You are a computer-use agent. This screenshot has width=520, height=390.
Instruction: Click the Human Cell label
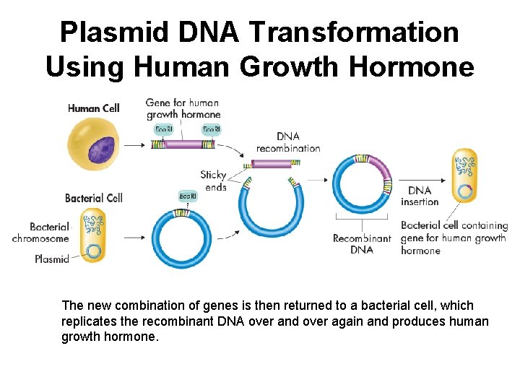pyautogui.click(x=93, y=108)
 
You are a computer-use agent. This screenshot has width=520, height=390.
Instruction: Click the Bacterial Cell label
pyautogui.click(x=94, y=198)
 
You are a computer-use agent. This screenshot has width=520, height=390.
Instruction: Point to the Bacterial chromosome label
pyautogui.click(x=40, y=233)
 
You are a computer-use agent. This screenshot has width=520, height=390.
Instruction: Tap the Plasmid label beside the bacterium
pyautogui.click(x=52, y=259)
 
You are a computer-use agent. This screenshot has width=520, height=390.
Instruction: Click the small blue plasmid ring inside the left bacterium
pyautogui.click(x=94, y=251)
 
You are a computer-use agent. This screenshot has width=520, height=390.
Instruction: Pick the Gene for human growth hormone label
pyautogui.click(x=183, y=108)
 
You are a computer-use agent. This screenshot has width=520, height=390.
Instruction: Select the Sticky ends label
pyautogui.click(x=214, y=181)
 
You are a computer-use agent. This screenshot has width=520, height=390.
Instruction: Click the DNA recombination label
pyautogui.click(x=288, y=142)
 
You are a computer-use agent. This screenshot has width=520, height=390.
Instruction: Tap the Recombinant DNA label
pyautogui.click(x=362, y=244)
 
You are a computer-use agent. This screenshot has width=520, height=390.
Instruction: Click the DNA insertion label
pyautogui.click(x=420, y=196)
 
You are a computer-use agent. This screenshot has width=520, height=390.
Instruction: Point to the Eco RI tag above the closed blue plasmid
pyautogui.click(x=187, y=196)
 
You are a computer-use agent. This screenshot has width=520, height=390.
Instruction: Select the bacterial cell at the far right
pyautogui.click(x=464, y=176)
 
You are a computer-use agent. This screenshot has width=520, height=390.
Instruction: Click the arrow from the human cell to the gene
pyautogui.click(x=134, y=144)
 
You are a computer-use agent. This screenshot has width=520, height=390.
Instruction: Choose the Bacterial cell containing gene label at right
pyautogui.click(x=454, y=238)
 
